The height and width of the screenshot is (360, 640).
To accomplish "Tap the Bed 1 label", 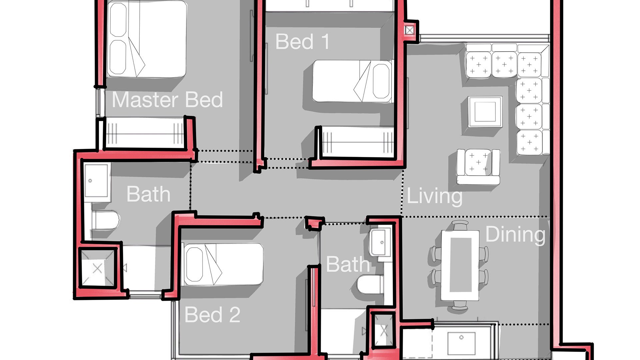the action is coord(303,42).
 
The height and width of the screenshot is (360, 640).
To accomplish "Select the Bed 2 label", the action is coord(212,314).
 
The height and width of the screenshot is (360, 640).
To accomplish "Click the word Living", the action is coord(435,197).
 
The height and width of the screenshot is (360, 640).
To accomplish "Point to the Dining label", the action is coord(515,235).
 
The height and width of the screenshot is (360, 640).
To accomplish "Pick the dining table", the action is coord(460,265).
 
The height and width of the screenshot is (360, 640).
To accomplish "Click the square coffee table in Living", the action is coord(485,112).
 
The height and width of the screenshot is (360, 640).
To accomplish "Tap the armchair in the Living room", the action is coord(478,166).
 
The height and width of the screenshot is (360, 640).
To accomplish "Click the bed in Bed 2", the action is coord(222,264).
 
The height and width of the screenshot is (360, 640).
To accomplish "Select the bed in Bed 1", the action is coord(353,81).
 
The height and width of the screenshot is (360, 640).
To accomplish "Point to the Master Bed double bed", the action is coord(147,39).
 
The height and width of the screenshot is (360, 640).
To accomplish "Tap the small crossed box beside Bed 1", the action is coord(410,31).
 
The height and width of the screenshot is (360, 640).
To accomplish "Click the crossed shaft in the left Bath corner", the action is coord(97,268).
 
